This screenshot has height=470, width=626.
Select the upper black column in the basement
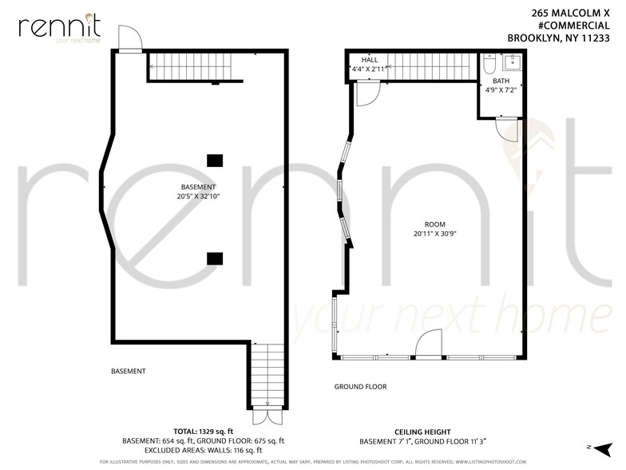point(215,160)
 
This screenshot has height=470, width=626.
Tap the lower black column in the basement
point(215,257)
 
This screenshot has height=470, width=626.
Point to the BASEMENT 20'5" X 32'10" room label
point(199,191)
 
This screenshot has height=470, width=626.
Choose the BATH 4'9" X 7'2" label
point(501,86)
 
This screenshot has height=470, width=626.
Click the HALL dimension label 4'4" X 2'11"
point(370,70)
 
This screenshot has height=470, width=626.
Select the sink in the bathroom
point(512,63)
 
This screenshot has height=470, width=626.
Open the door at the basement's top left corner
point(129,38)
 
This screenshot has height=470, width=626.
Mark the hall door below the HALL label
point(366,94)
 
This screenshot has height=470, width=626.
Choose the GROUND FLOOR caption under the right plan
point(360,387)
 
